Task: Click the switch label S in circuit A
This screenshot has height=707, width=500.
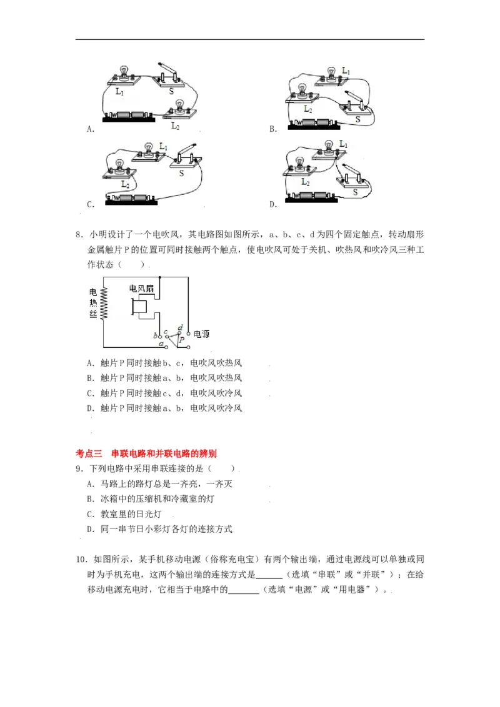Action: [172, 91]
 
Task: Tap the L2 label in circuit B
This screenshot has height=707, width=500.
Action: [307, 109]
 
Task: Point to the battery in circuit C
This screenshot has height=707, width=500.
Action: [129, 199]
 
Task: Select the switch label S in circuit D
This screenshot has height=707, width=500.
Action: [356, 192]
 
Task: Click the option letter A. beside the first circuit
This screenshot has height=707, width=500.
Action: [91, 129]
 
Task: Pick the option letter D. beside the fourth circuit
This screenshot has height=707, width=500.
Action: [273, 204]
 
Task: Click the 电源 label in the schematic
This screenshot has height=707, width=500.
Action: [201, 334]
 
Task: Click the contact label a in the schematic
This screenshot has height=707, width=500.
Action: [161, 344]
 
